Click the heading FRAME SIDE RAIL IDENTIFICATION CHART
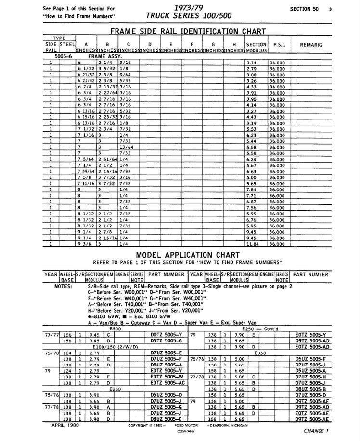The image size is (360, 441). click(188, 32)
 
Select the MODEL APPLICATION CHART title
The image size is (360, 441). click(188, 255)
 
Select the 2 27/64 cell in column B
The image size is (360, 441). click(107, 93)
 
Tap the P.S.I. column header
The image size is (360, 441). click(279, 45)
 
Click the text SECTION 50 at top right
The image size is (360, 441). click(307, 9)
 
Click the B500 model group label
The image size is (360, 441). click(116, 329)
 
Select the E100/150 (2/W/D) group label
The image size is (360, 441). click(115, 347)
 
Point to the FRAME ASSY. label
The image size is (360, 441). click(103, 56)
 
